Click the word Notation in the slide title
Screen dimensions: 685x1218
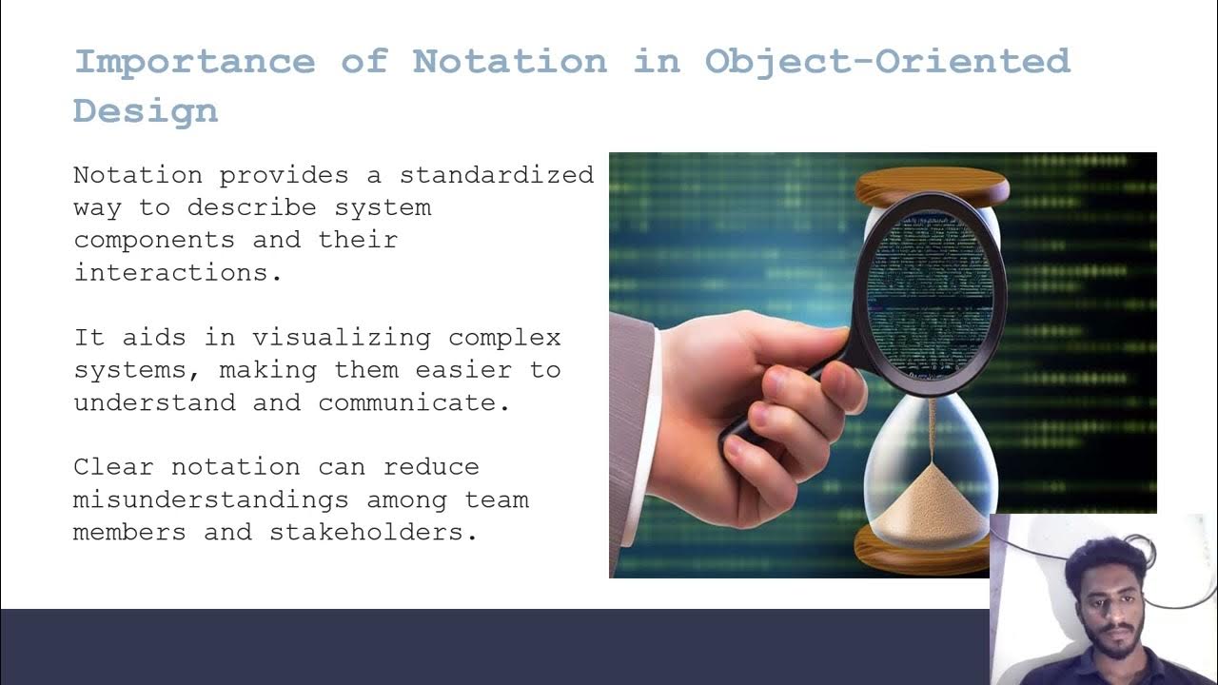click(509, 62)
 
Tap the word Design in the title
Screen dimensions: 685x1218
click(146, 111)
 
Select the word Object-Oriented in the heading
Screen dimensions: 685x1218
click(887, 62)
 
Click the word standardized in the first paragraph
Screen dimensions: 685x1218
click(497, 175)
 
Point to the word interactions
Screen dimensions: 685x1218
click(178, 272)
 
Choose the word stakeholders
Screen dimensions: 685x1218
click(373, 532)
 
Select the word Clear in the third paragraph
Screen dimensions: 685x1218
click(113, 467)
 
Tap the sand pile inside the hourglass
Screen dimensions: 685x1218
click(930, 504)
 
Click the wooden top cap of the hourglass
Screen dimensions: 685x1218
click(932, 186)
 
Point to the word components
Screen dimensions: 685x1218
click(154, 240)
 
